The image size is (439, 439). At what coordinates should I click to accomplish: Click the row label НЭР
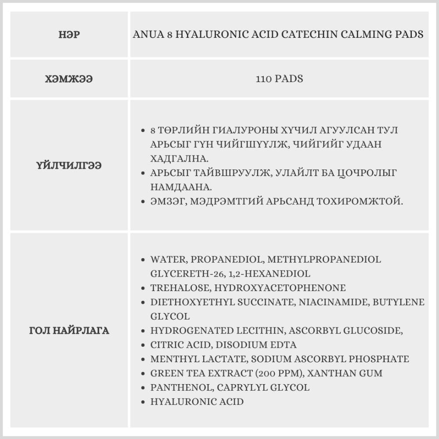(x=69, y=35)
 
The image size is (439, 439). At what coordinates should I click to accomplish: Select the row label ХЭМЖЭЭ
(x=69, y=79)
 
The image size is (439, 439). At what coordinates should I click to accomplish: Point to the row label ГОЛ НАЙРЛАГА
(x=69, y=331)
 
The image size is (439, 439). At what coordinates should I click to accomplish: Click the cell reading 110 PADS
(x=279, y=79)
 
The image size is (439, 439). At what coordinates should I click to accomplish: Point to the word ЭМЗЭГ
(x=165, y=202)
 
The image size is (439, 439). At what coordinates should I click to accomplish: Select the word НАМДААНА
(x=181, y=187)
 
